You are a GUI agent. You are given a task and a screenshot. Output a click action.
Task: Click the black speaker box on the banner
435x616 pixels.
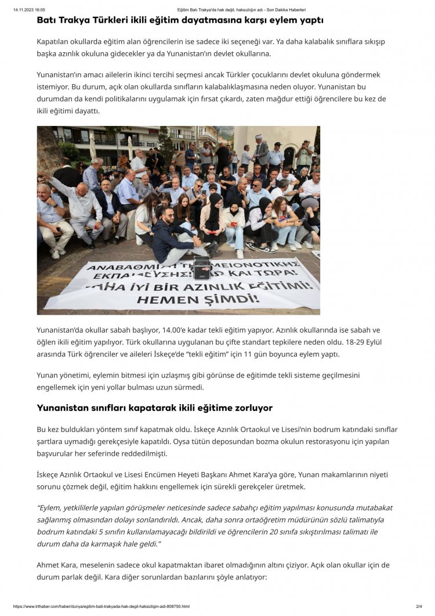(x=201, y=268)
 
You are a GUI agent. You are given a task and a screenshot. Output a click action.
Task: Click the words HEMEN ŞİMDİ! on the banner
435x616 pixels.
(x=197, y=299)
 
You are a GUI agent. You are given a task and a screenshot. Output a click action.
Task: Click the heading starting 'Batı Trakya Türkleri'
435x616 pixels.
(x=180, y=20)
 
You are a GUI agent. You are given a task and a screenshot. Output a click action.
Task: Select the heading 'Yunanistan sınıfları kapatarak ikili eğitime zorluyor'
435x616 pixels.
(x=154, y=408)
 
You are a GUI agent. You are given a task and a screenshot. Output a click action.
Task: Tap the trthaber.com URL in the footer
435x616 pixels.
(x=101, y=607)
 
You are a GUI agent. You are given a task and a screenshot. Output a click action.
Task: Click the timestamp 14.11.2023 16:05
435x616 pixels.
(x=29, y=10)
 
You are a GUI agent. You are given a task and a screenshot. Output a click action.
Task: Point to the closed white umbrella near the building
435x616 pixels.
(x=92, y=145)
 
